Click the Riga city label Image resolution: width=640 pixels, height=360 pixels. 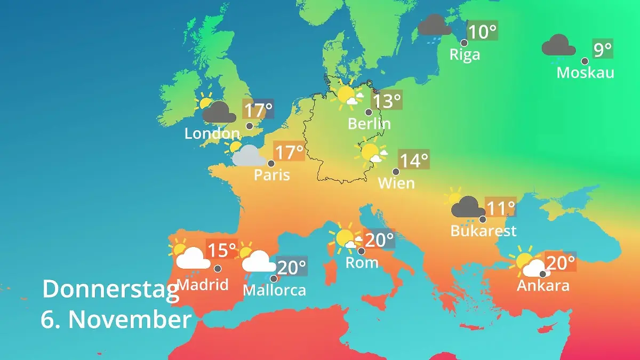(465, 54)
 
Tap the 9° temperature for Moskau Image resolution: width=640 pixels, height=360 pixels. (603, 50)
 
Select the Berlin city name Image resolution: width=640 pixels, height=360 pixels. (369, 124)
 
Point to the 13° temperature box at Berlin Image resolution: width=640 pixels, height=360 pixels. (387, 100)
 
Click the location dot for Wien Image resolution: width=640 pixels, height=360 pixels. (396, 172)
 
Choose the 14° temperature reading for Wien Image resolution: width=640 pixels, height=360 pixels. (414, 160)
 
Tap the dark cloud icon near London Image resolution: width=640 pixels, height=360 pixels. (219, 112)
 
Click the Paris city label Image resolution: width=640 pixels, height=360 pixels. (272, 174)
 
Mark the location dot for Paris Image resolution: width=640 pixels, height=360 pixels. (271, 163)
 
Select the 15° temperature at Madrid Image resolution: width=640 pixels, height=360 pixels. (221, 250)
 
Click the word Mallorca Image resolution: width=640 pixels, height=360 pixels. (275, 290)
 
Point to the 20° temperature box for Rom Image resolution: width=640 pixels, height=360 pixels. (379, 240)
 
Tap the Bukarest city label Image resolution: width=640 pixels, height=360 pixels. (483, 231)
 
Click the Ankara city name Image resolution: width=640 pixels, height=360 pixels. (543, 285)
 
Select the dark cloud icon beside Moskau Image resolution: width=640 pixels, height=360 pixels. (558, 46)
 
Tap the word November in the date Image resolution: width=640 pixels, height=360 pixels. (130, 320)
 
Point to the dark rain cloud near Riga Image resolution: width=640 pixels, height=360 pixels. (435, 26)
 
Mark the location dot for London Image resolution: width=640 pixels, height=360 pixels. (249, 126)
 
